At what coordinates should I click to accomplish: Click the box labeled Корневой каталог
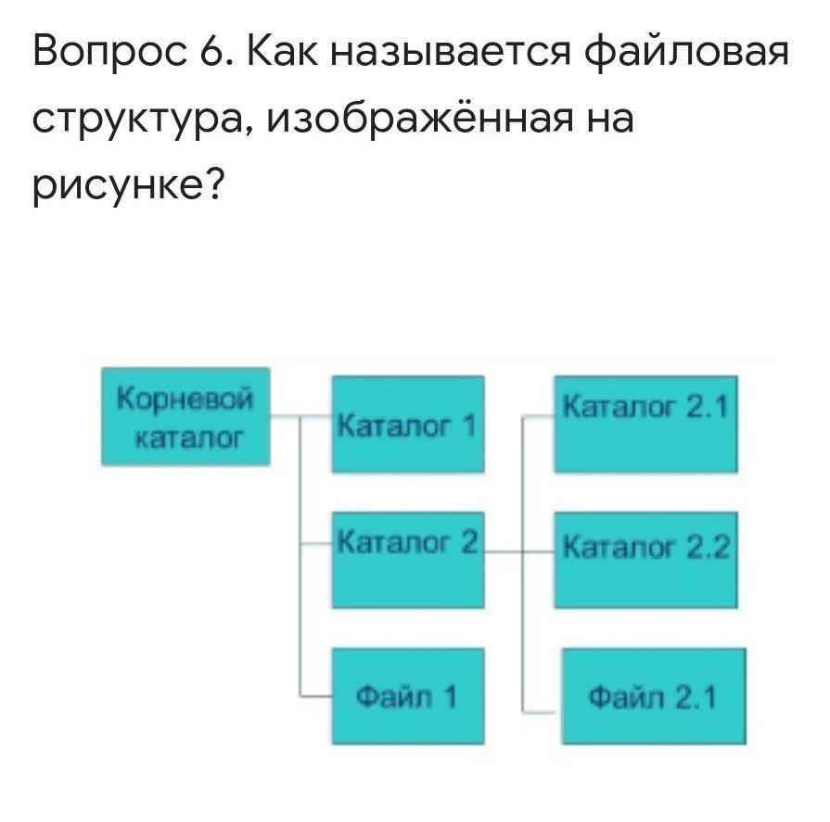[x=185, y=416]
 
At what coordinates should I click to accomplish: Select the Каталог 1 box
[x=407, y=424]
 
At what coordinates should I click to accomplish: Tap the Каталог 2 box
[x=407, y=560]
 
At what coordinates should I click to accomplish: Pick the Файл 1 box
[x=407, y=696]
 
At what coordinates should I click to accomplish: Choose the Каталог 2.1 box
[x=645, y=424]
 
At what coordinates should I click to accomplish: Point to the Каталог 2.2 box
[x=645, y=560]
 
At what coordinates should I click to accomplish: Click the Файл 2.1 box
[x=653, y=696]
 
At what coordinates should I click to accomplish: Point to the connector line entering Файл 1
[x=316, y=692]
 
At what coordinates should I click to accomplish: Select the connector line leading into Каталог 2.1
[x=539, y=416]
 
